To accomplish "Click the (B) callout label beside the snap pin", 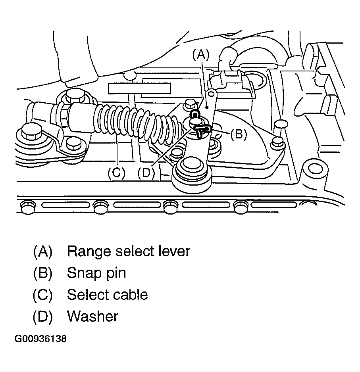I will [x=239, y=134].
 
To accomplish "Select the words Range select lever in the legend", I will [x=129, y=251].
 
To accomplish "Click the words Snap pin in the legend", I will [x=96, y=273].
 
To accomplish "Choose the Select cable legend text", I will [x=107, y=295].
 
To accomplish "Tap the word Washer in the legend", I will [x=92, y=316].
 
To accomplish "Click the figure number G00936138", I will [x=41, y=339].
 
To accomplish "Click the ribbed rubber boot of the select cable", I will [x=135, y=123].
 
